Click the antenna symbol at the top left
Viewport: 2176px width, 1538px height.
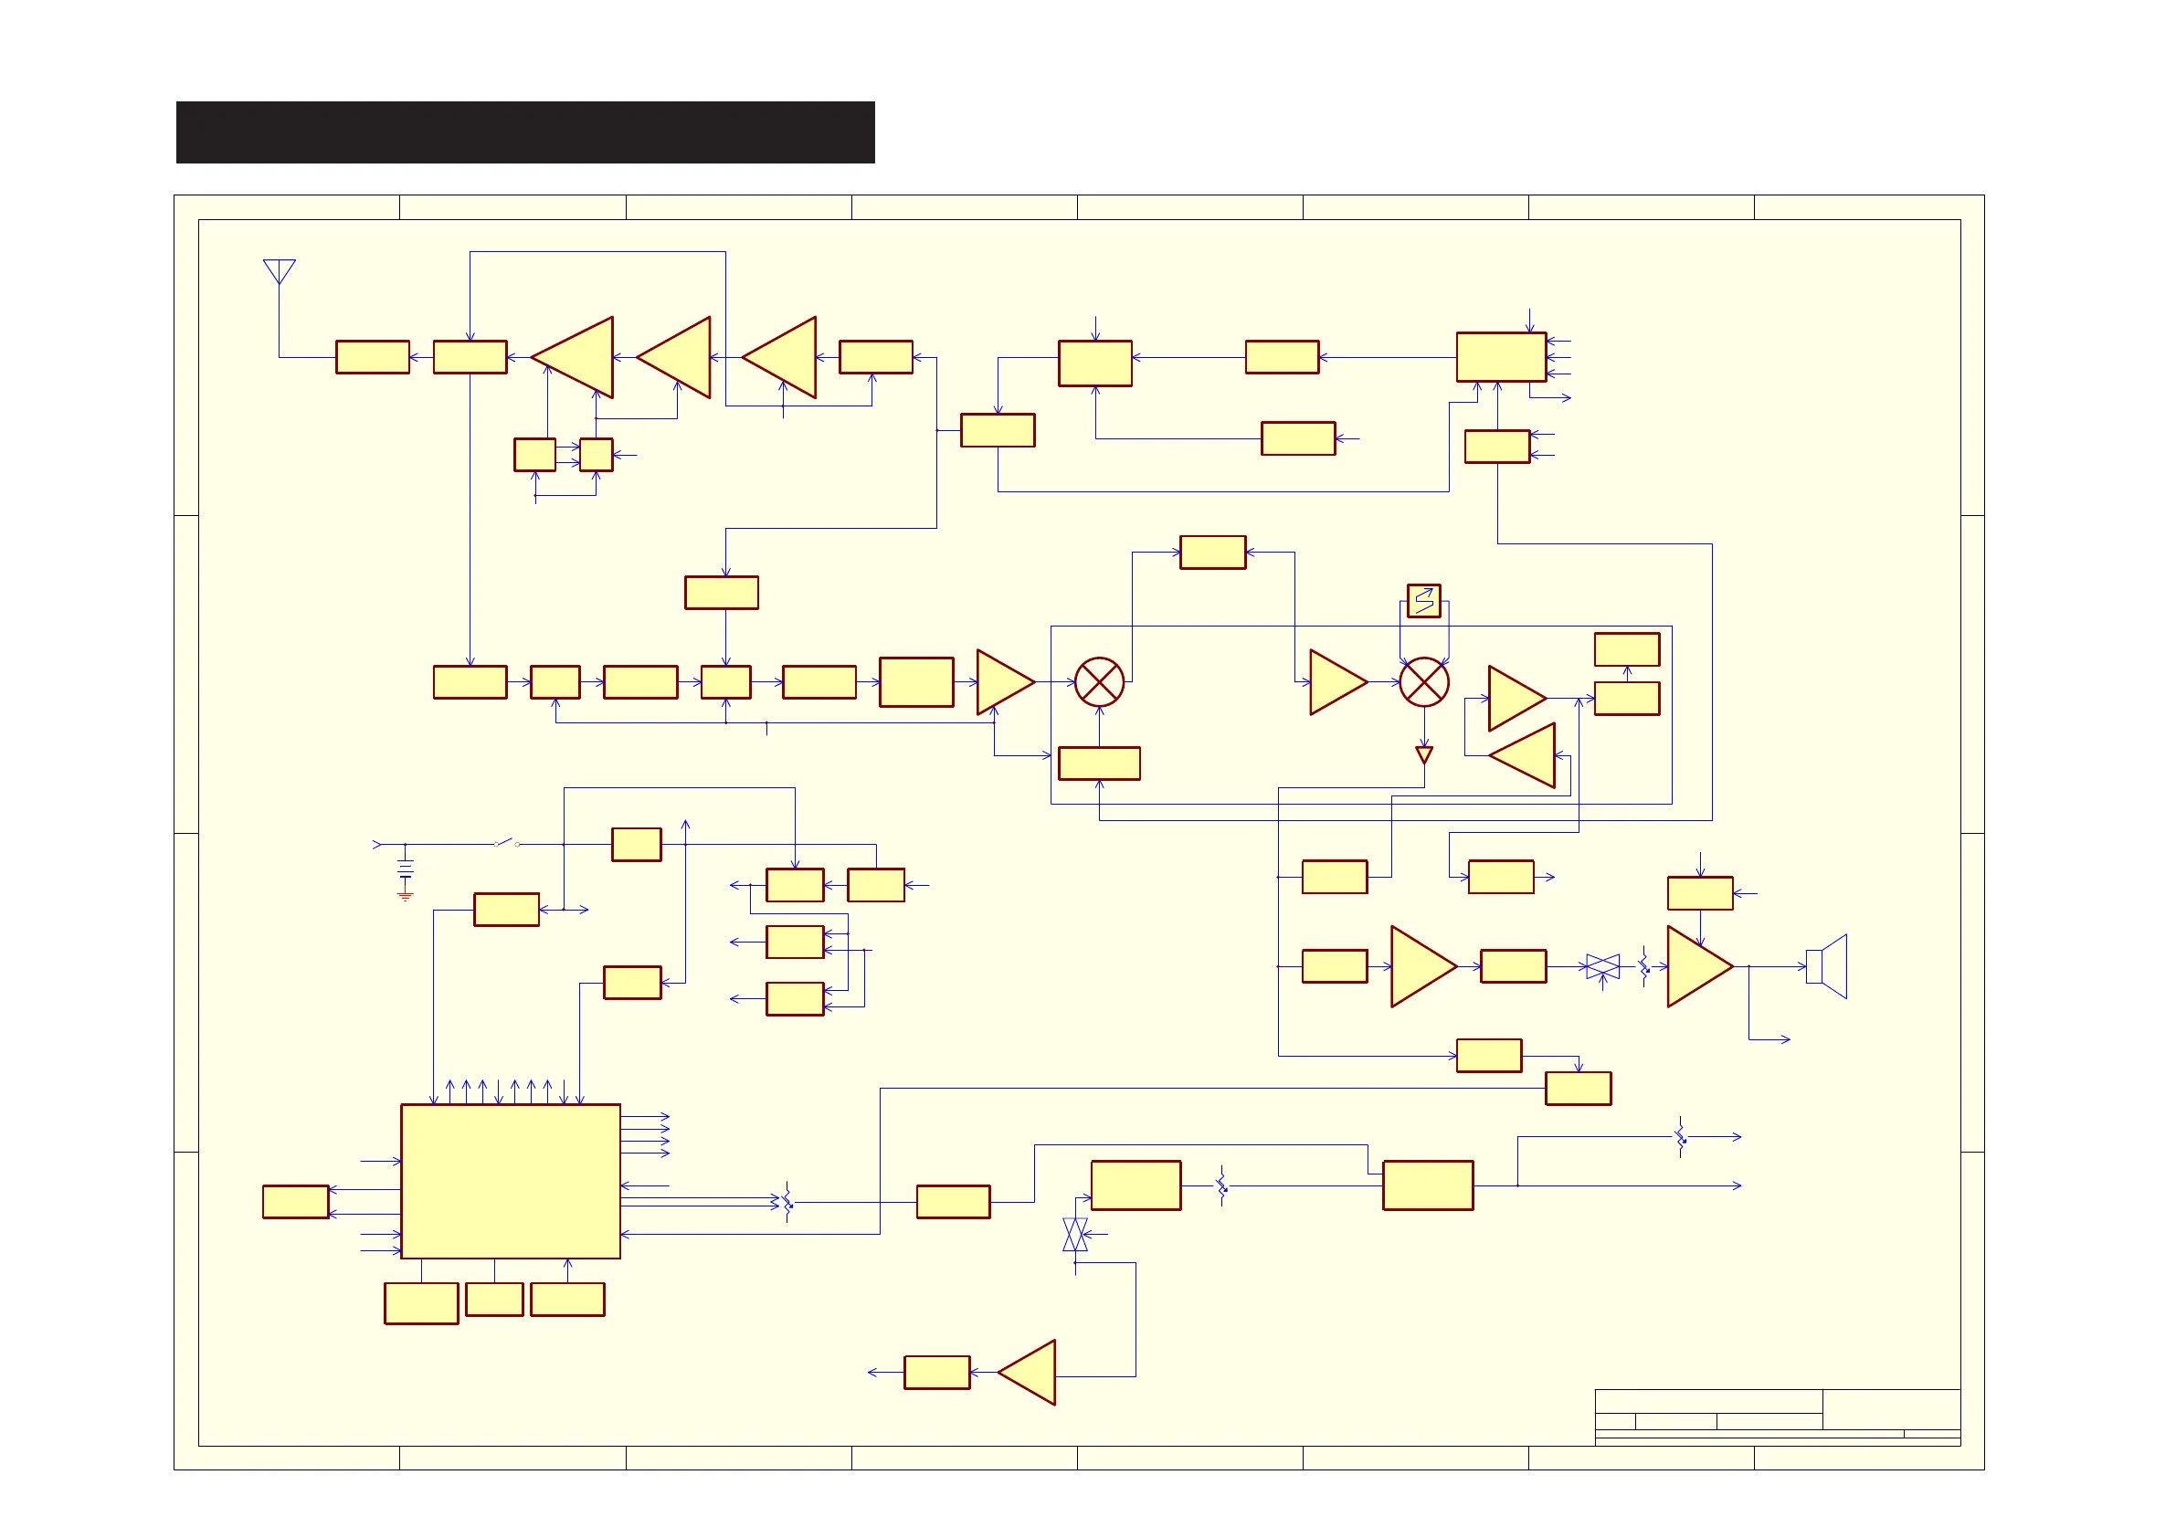click(280, 271)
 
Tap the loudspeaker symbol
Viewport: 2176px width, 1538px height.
click(1826, 966)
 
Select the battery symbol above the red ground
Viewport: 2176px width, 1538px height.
click(406, 868)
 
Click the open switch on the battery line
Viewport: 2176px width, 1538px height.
click(507, 842)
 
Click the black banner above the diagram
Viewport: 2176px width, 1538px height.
click(525, 132)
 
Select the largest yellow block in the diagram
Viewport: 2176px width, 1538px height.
click(511, 1181)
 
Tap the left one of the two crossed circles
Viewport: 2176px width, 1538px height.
click(1099, 682)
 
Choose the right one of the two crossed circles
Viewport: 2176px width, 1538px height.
click(1423, 682)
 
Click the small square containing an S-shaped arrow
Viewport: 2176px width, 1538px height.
click(1423, 601)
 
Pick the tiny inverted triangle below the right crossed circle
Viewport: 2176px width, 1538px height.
click(1423, 754)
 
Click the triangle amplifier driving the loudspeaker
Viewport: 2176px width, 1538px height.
click(1696, 966)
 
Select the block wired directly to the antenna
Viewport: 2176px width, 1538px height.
click(373, 357)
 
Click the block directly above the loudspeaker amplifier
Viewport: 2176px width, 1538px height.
click(1700, 893)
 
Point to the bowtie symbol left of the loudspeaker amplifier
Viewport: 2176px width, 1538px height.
click(1602, 966)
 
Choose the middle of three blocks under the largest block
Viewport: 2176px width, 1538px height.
click(495, 1300)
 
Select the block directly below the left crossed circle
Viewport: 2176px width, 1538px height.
click(1099, 764)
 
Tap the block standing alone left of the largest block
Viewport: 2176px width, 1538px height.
click(296, 1202)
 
